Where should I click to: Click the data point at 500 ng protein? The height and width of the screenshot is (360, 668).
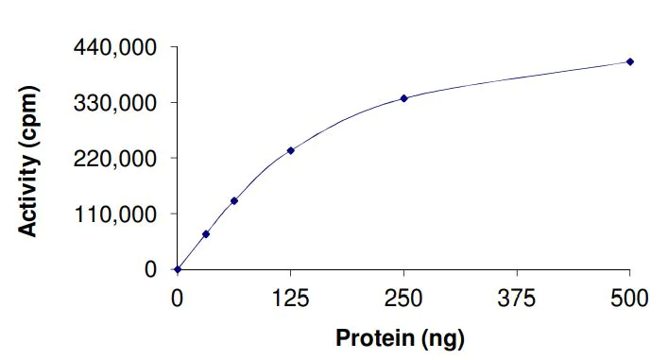[630, 61]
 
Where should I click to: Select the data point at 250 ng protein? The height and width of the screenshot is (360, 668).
[403, 98]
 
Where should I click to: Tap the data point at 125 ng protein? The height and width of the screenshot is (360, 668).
[290, 150]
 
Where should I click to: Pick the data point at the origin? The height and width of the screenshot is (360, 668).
[178, 269]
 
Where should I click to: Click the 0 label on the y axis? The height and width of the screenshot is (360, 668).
[150, 269]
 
